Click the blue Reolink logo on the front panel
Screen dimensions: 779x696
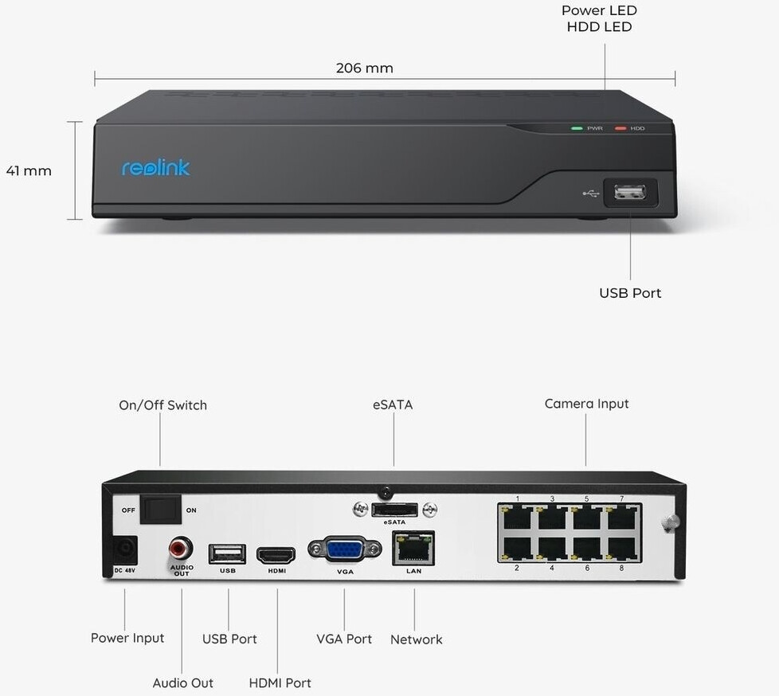[x=155, y=167]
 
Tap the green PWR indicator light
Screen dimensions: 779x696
[x=577, y=128]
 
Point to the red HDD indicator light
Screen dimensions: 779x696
[x=620, y=128]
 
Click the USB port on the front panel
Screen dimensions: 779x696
[x=630, y=192]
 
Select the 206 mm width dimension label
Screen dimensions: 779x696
[x=365, y=68]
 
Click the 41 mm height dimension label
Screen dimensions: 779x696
[x=29, y=171]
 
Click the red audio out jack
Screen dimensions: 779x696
[x=181, y=549]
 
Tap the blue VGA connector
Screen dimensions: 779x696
[x=345, y=549]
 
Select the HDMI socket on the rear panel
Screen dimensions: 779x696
[x=276, y=555]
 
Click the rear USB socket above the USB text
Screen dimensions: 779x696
[x=227, y=553]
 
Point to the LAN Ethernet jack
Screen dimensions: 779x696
[x=413, y=548]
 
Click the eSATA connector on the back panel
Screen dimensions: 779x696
[x=394, y=509]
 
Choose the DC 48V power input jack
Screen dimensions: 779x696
[x=124, y=550]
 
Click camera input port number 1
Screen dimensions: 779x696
[x=517, y=518]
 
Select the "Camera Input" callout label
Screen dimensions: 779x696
[x=587, y=404]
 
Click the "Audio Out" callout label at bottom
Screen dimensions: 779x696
[x=183, y=683]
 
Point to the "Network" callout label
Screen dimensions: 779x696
[x=417, y=639]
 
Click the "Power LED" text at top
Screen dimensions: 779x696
[x=599, y=10]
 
